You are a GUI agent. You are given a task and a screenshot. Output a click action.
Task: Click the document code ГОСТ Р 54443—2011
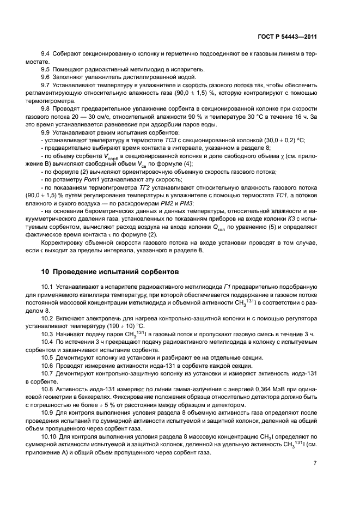[x=288, y=37]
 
